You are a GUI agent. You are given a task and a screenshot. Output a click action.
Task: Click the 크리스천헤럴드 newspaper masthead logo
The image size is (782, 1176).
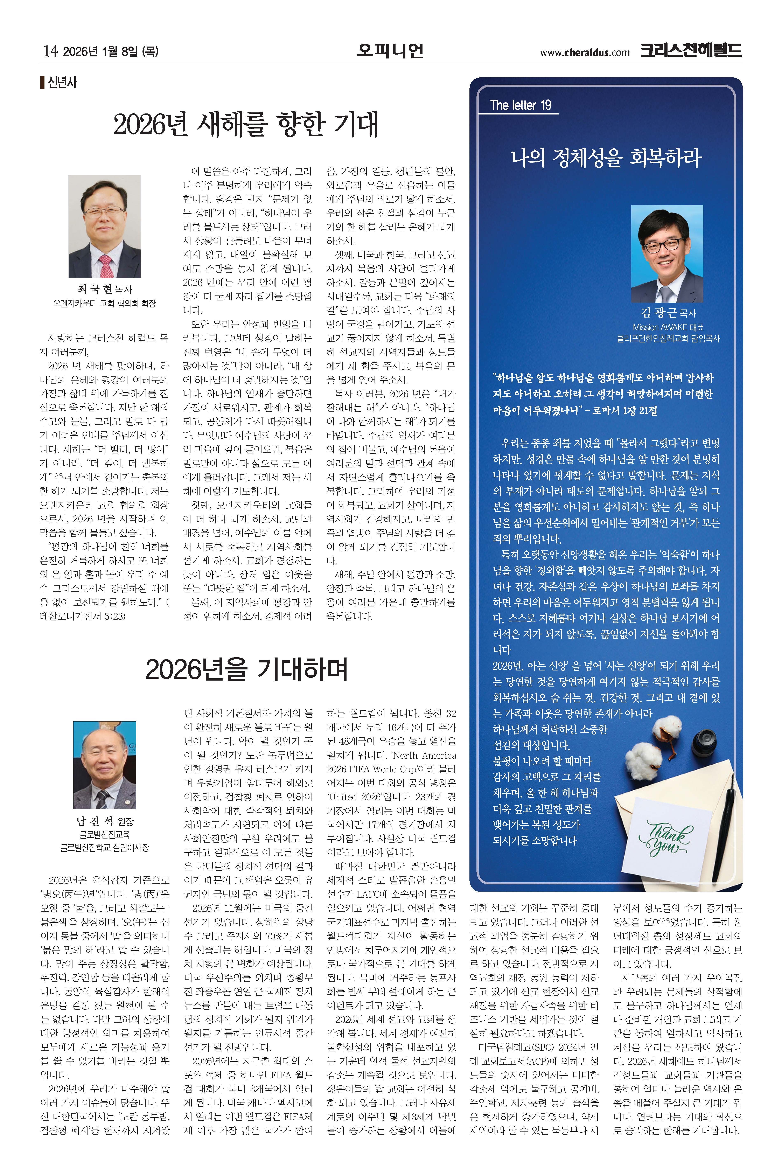[x=691, y=50]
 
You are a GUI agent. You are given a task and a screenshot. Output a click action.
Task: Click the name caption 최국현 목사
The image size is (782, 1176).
[x=104, y=289]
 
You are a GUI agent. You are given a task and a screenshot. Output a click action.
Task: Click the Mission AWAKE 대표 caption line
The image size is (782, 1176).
[x=668, y=327]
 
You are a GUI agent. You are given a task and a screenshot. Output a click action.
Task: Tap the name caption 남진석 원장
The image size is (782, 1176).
[x=104, y=821]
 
